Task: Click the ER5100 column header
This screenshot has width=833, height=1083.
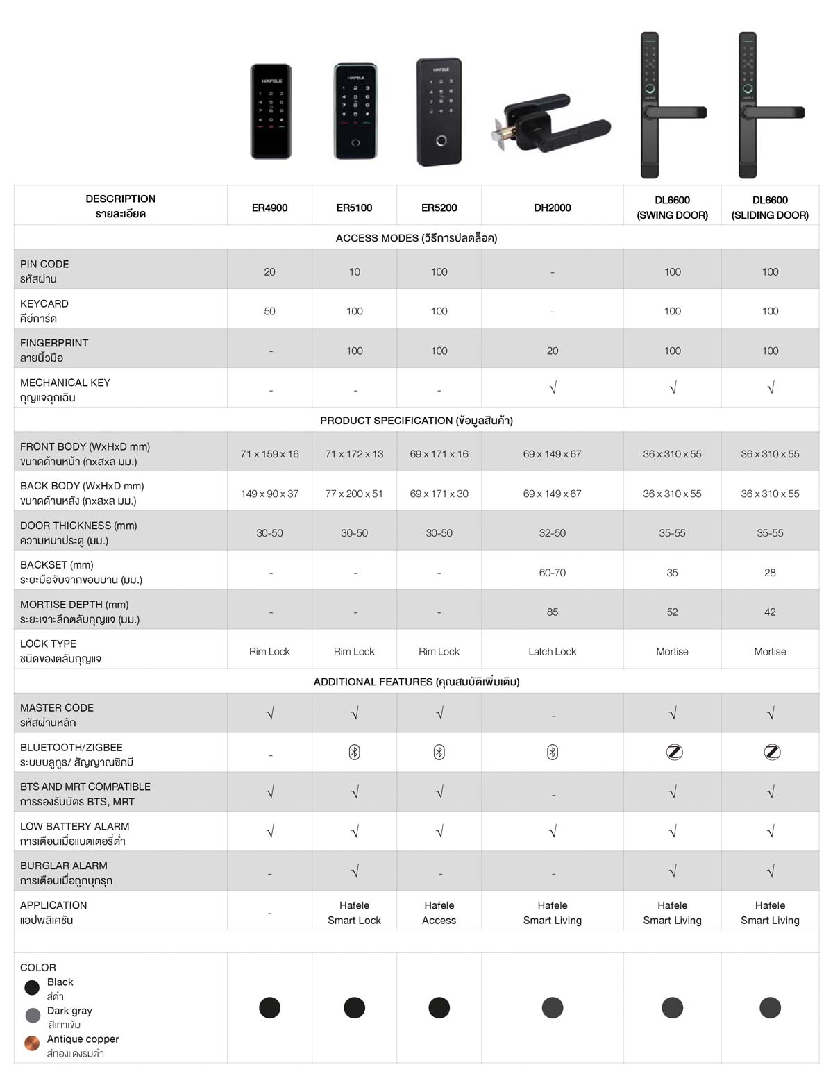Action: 354,208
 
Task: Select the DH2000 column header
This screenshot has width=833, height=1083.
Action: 552,208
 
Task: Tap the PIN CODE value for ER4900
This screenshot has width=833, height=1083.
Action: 269,272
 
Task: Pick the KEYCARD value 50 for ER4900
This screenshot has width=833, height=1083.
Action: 269,312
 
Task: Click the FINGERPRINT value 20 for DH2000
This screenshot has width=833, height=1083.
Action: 552,351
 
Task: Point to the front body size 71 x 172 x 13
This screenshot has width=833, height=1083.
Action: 354,455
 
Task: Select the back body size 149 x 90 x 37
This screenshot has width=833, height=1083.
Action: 269,494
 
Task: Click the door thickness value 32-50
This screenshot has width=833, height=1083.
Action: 552,534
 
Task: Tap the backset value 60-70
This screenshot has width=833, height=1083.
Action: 552,573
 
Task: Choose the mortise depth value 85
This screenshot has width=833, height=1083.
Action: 552,612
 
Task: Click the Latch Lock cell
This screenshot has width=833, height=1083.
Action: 552,652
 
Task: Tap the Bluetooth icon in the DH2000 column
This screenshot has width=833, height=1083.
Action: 552,753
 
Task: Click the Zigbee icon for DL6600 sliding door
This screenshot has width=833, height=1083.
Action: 771,753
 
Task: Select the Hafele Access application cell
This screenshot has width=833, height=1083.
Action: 439,913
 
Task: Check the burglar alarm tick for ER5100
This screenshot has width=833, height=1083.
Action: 355,871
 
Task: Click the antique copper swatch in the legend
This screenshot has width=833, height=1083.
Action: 32,1043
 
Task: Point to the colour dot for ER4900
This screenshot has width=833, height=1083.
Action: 269,1007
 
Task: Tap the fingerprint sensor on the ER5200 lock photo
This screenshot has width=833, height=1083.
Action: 440,142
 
